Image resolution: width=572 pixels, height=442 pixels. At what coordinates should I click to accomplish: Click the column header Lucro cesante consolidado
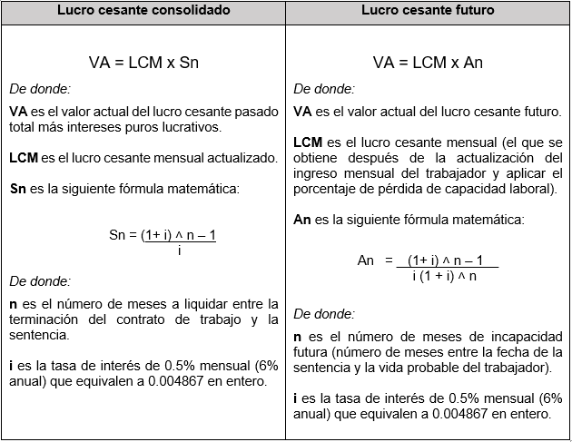click(x=143, y=11)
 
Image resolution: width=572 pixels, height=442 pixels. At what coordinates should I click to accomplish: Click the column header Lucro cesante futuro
click(x=428, y=11)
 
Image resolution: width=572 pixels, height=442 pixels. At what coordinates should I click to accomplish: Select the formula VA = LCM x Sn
click(x=143, y=63)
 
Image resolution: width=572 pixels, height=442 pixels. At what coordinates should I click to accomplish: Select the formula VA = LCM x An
click(x=428, y=63)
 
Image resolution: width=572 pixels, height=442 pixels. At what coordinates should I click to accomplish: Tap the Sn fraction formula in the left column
click(x=163, y=241)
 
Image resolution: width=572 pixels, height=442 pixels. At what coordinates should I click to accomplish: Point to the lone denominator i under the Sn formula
click(x=179, y=250)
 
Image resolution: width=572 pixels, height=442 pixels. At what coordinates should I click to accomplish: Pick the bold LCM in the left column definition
click(x=24, y=158)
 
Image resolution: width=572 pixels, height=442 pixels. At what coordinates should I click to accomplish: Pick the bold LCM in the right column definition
click(x=309, y=142)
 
